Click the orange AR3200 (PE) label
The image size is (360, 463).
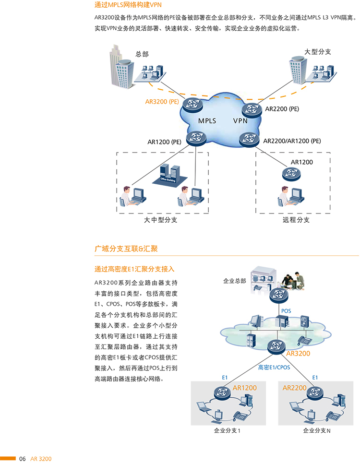162,102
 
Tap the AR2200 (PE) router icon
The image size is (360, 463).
252,110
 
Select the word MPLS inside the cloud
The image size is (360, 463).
207,121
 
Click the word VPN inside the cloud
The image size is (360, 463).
240,121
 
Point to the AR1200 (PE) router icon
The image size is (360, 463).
195,138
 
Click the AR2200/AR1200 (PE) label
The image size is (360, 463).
292,141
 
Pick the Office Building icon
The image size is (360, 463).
170,174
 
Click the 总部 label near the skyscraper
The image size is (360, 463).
142,54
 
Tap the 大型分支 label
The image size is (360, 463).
318,51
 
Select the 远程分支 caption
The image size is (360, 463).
296,220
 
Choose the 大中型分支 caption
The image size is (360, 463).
161,220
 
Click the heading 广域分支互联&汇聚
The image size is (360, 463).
126,249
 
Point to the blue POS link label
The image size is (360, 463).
286,311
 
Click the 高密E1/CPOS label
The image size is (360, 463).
274,367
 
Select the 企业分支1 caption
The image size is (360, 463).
227,430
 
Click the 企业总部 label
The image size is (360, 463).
235,281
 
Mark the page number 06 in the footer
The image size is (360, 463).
23,459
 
